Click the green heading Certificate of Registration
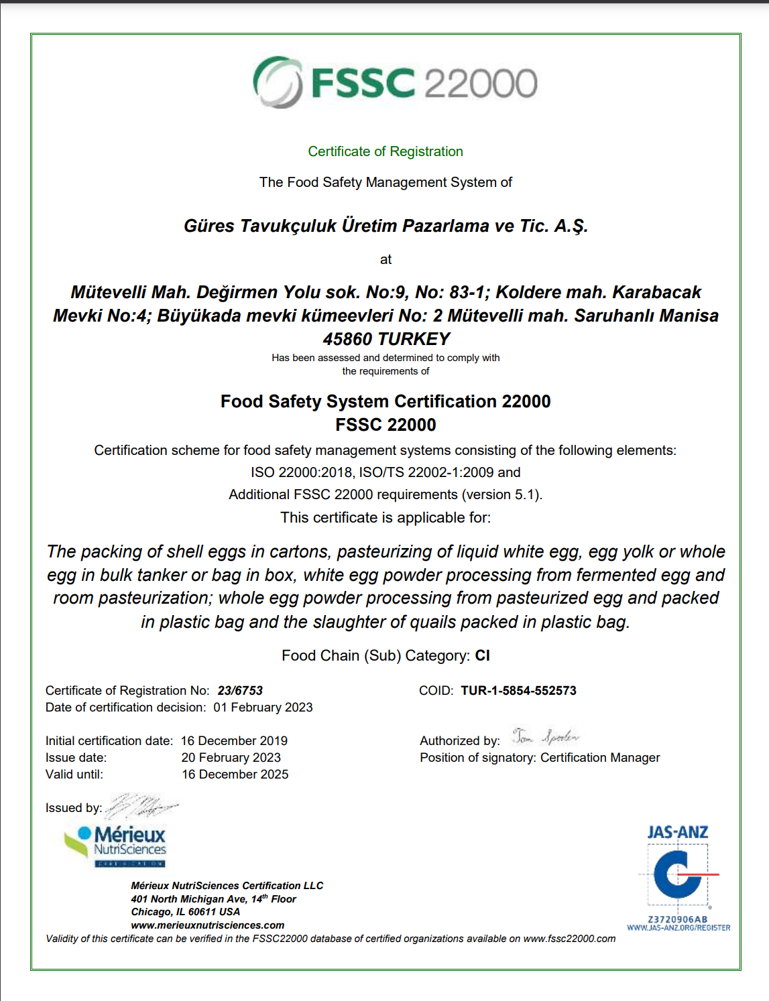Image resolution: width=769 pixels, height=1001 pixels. [386, 151]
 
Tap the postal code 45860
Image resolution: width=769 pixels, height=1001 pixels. [348, 339]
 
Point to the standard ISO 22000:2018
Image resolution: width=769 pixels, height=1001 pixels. [302, 472]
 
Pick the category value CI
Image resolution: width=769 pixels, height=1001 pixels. [483, 655]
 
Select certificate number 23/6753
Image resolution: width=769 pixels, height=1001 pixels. [240, 691]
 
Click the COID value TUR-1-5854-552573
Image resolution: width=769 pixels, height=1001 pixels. [518, 691]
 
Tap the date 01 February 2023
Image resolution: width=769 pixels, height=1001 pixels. [263, 708]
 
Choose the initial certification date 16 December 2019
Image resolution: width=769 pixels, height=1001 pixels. [234, 741]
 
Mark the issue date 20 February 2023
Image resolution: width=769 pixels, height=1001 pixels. [231, 758]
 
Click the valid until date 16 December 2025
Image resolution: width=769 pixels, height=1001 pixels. [235, 775]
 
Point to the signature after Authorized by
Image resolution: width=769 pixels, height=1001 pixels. [545, 737]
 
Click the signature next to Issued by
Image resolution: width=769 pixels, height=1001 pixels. [141, 805]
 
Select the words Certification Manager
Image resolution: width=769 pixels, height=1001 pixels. [600, 758]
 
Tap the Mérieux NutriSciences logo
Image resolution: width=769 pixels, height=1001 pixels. [116, 846]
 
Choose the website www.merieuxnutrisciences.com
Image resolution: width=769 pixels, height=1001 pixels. [208, 925]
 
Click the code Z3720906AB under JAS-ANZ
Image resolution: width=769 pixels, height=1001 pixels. [678, 919]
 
